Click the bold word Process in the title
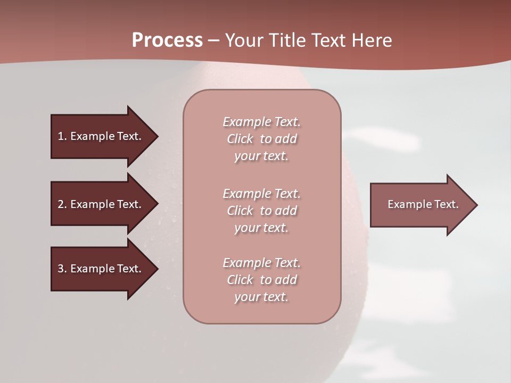click(167, 40)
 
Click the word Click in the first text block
click(240, 139)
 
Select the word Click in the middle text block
click(240, 211)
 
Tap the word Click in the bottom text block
click(240, 280)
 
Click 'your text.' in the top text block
click(261, 156)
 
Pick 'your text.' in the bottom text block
click(261, 297)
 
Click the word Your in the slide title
click(245, 40)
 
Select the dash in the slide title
click(214, 40)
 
